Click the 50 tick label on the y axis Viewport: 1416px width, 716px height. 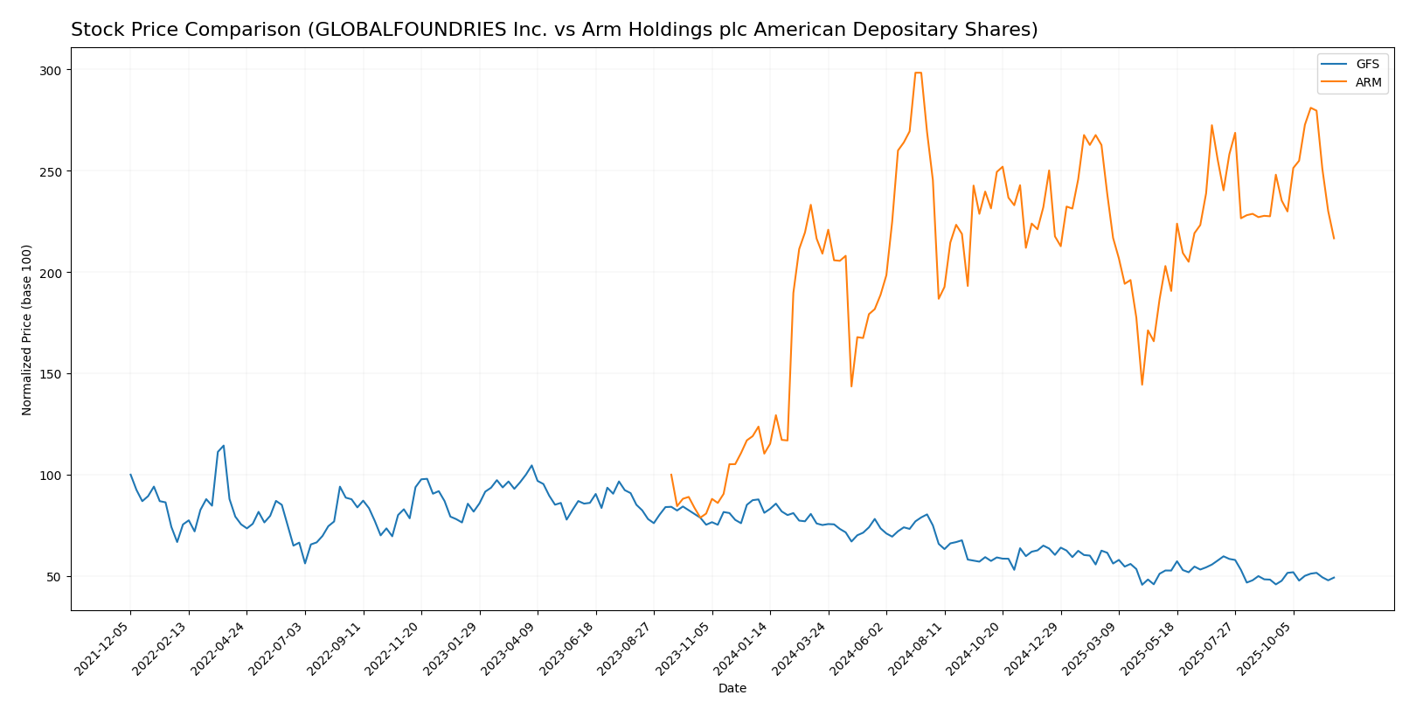[56, 577]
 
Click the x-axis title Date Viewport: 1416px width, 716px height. [732, 689]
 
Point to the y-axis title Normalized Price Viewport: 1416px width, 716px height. [27, 330]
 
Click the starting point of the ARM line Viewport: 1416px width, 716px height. [671, 475]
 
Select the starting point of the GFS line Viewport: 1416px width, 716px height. [130, 475]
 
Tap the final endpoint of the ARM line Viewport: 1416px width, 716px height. [1334, 238]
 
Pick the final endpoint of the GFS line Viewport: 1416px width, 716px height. [1334, 577]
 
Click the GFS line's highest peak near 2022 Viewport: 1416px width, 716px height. [224, 446]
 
